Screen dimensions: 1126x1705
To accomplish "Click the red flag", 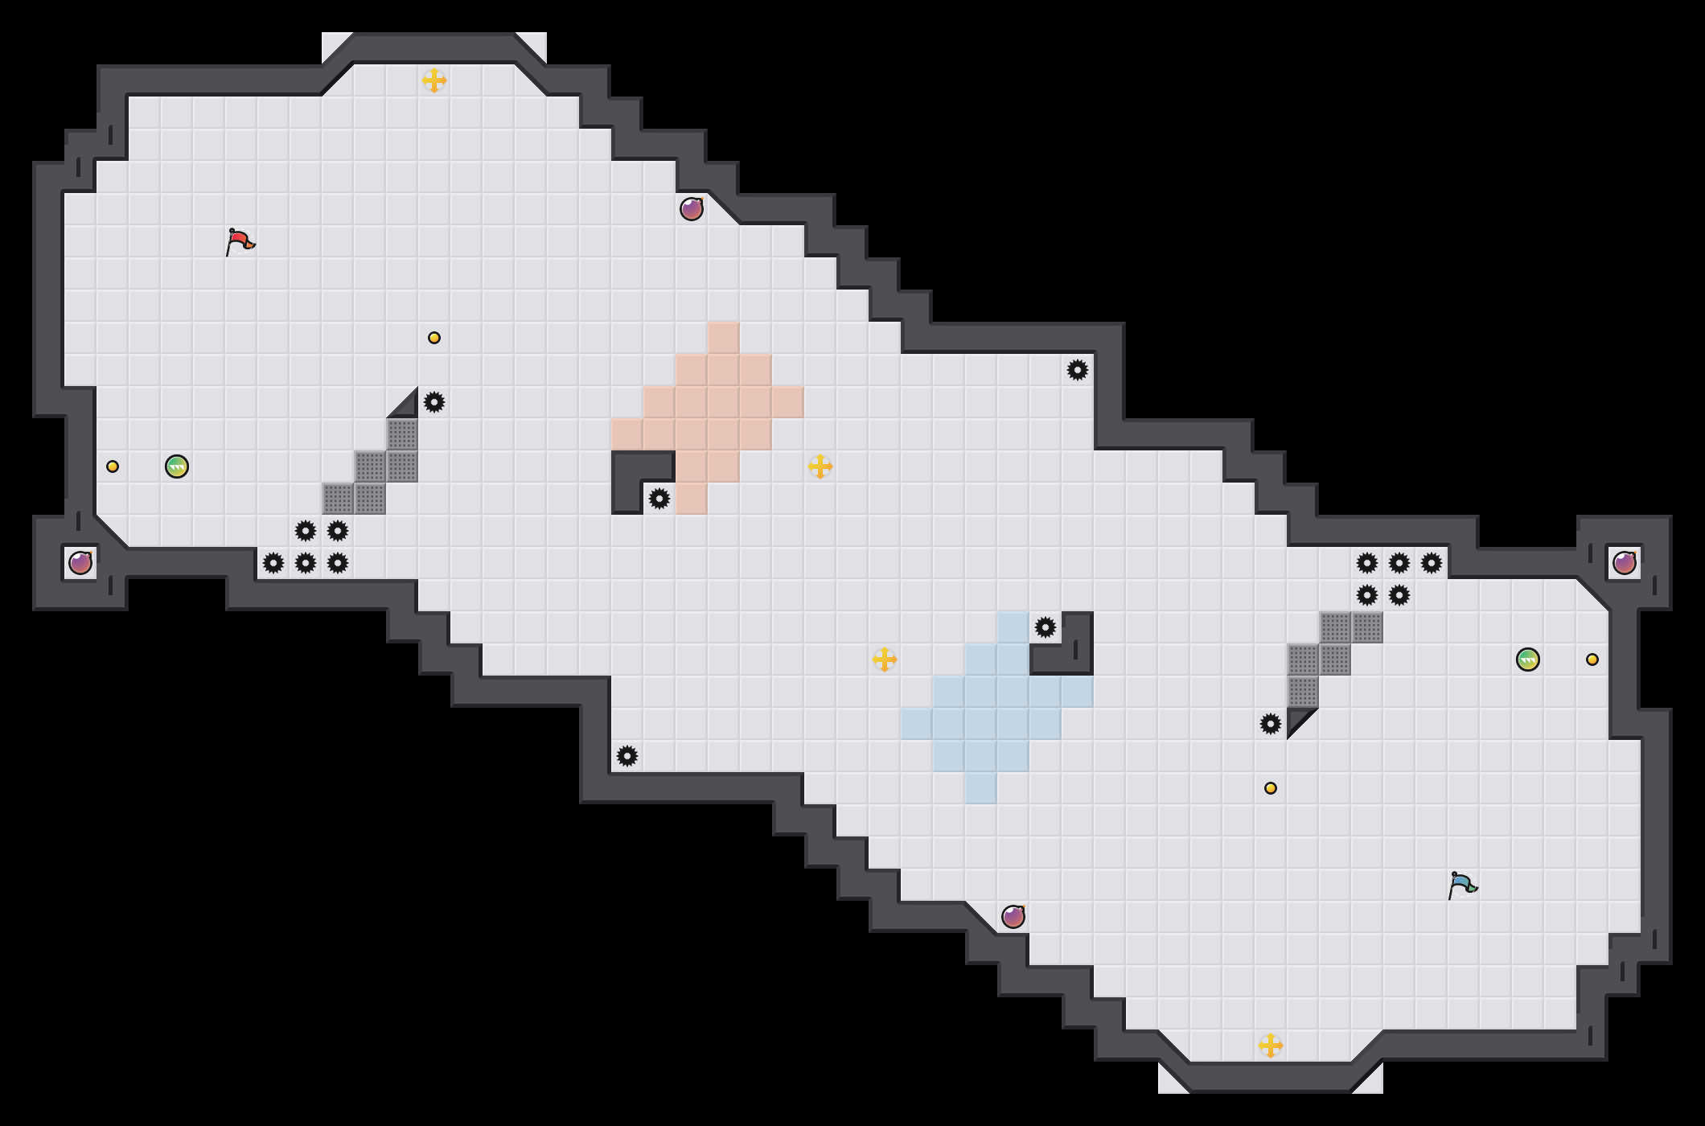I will (x=240, y=240).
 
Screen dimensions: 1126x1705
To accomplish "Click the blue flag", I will (x=1462, y=884).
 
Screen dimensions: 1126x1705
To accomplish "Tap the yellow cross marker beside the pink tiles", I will (x=820, y=466).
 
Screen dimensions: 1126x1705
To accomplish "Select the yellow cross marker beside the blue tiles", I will (x=885, y=660).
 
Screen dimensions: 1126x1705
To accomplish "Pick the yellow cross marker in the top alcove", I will (x=434, y=80).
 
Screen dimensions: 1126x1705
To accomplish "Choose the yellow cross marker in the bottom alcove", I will (x=1271, y=1046).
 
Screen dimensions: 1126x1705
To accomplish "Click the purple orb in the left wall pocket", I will (x=80, y=563).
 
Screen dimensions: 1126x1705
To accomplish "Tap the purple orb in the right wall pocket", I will (x=1625, y=563).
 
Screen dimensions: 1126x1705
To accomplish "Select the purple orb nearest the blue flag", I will (x=1013, y=917).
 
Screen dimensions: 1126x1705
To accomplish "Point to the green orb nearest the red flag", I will (x=177, y=466).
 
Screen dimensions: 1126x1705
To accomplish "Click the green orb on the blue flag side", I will (x=1528, y=660).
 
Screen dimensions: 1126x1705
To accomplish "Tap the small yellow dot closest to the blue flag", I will (x=1271, y=788).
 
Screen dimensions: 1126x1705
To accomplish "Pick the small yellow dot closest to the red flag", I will (x=434, y=338).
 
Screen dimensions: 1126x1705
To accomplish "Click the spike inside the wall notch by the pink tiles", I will (x=659, y=499).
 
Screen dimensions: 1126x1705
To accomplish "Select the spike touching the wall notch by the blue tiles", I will (x=1046, y=627).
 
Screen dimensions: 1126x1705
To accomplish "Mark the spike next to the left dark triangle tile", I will (x=434, y=402).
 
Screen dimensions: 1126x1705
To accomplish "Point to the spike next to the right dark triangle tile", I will (x=1271, y=724).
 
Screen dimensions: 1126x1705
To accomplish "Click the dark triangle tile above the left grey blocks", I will (x=407, y=407).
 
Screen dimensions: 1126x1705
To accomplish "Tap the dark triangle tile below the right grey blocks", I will (x=1297, y=718).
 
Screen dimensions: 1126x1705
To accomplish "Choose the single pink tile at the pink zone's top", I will (x=724, y=338).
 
